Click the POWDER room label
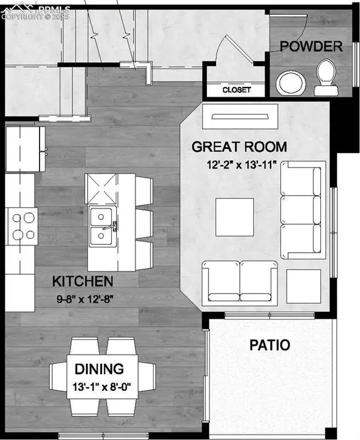(311, 46)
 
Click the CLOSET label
(236, 90)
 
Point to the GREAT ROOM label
(239, 146)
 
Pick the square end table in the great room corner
(302, 286)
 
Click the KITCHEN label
(82, 281)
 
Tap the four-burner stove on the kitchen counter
(23, 225)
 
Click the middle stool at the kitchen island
(142, 222)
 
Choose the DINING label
(99, 369)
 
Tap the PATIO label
(270, 345)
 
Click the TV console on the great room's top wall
(240, 116)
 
